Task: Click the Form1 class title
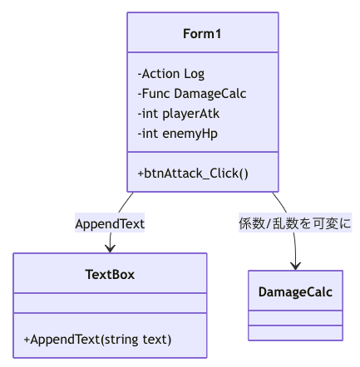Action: point(202,34)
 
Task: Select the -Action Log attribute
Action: point(171,74)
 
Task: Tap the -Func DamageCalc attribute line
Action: point(192,94)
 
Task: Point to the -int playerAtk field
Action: point(179,114)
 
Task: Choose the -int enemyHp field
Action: point(178,134)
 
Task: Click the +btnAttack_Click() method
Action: point(193,174)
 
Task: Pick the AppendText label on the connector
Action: point(110,223)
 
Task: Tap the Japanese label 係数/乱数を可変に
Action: point(295,223)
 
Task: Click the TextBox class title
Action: point(110,275)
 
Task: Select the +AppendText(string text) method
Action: point(97,340)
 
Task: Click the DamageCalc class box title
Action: point(295,292)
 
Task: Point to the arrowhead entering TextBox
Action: point(110,248)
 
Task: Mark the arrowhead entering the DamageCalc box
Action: point(296,266)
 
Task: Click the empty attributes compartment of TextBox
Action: point(110,303)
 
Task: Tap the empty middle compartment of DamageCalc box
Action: point(295,318)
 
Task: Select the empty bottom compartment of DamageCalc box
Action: point(295,333)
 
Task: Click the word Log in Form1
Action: point(195,74)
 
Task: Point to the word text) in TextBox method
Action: point(157,340)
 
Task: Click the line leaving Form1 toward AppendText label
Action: point(125,203)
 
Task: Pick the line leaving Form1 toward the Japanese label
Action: point(280,202)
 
